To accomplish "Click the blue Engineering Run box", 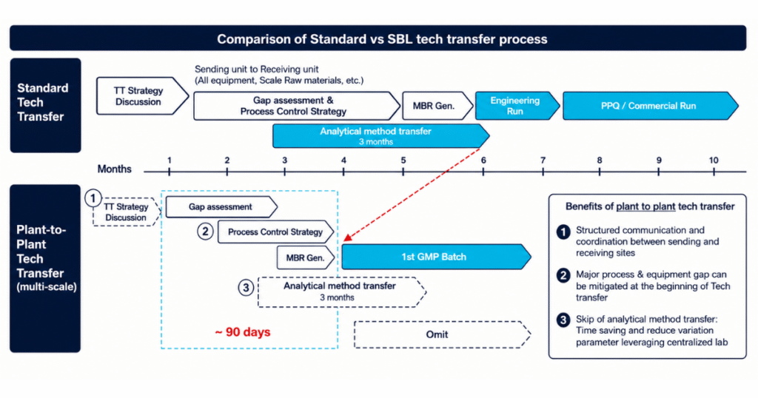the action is click(x=516, y=106).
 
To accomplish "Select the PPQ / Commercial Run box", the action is click(x=649, y=106).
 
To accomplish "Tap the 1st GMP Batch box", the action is click(x=435, y=257).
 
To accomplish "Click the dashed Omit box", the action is click(x=442, y=334).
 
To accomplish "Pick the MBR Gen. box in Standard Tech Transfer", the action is click(x=437, y=106).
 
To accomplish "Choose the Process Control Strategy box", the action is click(x=275, y=232).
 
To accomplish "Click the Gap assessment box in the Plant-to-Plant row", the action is click(x=221, y=206).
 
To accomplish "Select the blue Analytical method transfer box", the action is click(x=380, y=135).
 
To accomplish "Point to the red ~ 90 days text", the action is click(x=243, y=332).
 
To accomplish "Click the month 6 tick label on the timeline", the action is click(x=483, y=161).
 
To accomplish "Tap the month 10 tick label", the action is click(x=714, y=161).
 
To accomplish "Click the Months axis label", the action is click(x=115, y=169).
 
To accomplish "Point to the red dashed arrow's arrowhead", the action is click(x=347, y=237).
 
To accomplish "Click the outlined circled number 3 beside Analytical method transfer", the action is click(x=246, y=288).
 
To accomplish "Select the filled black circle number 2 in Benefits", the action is click(x=563, y=276).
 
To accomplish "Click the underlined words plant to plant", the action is click(x=645, y=206).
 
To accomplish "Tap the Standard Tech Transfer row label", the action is click(x=42, y=102).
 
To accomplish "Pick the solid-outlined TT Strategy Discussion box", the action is click(x=142, y=96).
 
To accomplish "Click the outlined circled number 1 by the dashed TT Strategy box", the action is click(x=93, y=198).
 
